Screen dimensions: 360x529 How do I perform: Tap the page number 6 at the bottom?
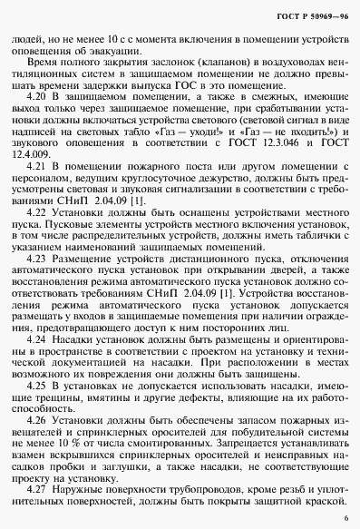(x=346, y=517)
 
